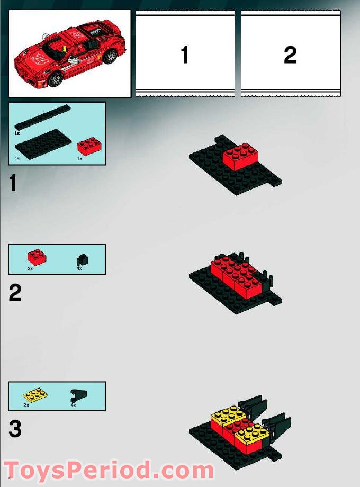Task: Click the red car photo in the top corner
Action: (69, 53)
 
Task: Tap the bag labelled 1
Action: (185, 53)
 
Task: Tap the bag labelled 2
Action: (290, 53)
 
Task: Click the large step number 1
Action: (13, 184)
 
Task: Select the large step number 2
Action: (15, 293)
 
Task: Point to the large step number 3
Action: (15, 429)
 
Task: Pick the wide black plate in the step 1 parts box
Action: (44, 142)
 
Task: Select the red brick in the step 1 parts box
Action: (86, 146)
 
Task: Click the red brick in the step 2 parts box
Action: (37, 257)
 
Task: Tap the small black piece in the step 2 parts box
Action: (82, 259)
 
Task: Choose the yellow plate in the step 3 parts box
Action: (34, 395)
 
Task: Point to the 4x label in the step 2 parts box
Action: (80, 269)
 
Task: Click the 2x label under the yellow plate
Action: (26, 405)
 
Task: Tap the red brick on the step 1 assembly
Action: (240, 157)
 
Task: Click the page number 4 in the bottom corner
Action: (10, 479)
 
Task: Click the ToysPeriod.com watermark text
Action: (109, 471)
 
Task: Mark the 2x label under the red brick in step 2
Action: (30, 269)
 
